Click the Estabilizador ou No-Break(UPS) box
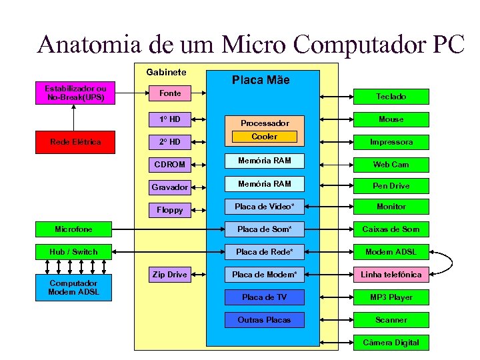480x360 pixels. (75, 93)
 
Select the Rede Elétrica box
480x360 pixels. (75, 141)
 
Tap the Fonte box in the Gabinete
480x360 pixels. (169, 93)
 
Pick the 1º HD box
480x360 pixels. (169, 119)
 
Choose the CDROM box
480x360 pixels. (169, 164)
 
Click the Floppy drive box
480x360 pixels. (169, 209)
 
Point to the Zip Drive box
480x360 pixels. (169, 274)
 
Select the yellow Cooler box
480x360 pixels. (264, 137)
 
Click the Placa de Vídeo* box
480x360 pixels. (264, 207)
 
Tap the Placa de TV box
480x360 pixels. (264, 297)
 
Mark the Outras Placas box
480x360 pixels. (264, 320)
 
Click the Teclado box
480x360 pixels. (391, 97)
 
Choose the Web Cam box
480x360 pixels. (391, 164)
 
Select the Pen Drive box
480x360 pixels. (391, 186)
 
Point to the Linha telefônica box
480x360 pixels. (391, 275)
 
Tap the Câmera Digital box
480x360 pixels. (391, 343)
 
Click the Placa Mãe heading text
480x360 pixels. (261, 80)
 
